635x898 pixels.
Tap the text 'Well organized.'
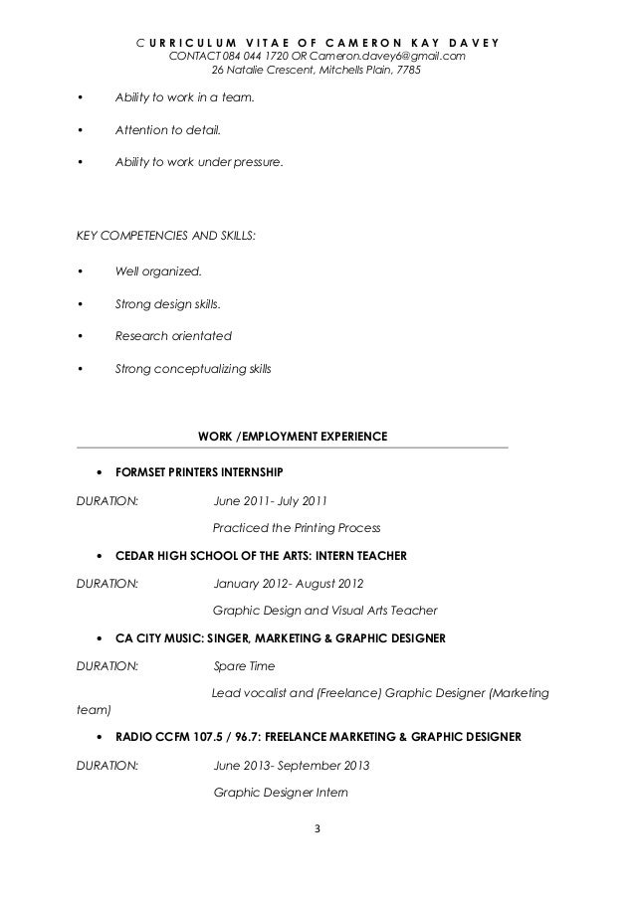click(x=157, y=270)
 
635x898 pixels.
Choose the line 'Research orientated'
click(x=173, y=335)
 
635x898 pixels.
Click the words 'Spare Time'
click(x=245, y=665)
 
